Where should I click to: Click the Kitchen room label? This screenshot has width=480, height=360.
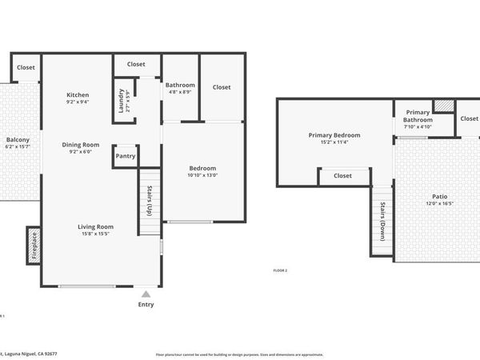click(x=78, y=95)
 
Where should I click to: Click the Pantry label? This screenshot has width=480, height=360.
click(x=126, y=156)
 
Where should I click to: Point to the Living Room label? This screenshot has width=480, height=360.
click(x=95, y=226)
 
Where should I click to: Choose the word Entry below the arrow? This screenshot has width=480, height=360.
click(x=146, y=304)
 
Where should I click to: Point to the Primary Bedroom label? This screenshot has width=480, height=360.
click(x=334, y=135)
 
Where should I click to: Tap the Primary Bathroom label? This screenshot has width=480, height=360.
click(x=418, y=116)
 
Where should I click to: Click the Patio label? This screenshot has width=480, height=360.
click(x=439, y=196)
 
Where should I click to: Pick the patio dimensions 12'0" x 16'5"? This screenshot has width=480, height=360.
click(x=439, y=203)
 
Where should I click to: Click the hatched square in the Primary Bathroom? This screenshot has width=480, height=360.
click(x=443, y=106)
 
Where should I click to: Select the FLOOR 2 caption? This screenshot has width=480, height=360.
click(x=280, y=270)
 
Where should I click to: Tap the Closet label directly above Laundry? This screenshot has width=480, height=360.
click(x=136, y=64)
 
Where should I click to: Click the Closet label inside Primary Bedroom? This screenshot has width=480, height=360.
click(x=342, y=175)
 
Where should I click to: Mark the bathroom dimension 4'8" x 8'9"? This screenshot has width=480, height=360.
click(x=180, y=92)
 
